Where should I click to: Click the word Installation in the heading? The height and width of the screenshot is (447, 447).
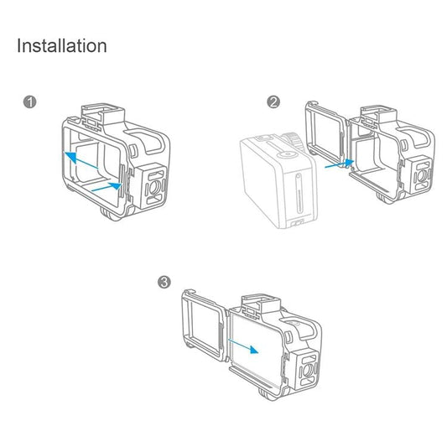coord(62,45)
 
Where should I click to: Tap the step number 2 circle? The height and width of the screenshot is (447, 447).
coord(273,102)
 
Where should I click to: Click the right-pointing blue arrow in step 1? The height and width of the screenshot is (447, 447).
coord(106,191)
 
